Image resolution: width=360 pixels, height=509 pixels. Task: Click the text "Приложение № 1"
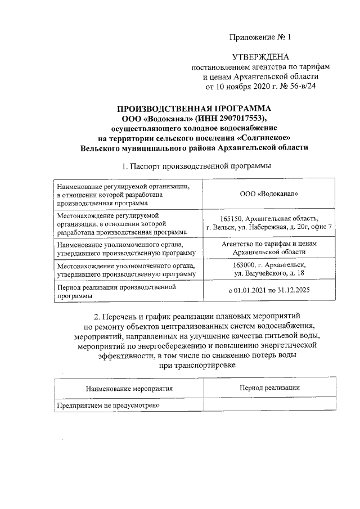260,38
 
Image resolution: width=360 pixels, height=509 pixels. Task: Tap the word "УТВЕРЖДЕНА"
260,57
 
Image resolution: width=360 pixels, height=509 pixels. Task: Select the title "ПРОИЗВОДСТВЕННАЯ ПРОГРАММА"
193,108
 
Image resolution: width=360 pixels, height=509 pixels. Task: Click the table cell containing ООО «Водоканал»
268,193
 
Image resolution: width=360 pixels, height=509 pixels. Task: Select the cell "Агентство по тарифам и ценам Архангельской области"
268,248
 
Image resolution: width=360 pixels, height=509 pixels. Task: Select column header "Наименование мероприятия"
129,388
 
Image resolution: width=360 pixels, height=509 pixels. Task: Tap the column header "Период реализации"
269,388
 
